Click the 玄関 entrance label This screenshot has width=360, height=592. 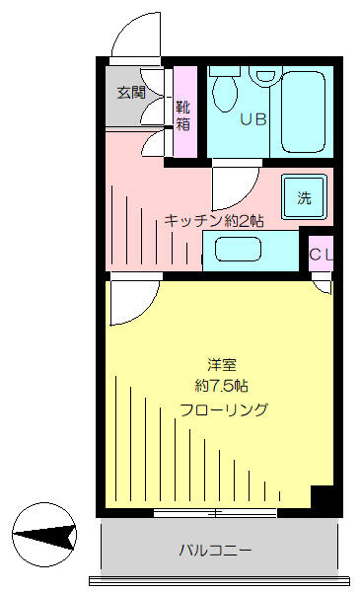[131, 92]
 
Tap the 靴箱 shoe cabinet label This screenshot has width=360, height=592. [183, 115]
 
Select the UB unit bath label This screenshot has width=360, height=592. [253, 119]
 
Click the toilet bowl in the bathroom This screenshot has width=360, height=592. [225, 90]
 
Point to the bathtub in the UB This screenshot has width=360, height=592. [304, 111]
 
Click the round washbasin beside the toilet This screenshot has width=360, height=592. [265, 75]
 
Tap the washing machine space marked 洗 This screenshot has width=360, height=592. [304, 196]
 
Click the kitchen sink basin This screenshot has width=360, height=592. [238, 249]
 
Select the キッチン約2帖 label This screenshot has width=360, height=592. [214, 221]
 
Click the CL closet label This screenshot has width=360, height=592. [322, 255]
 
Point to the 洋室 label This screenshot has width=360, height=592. [222, 365]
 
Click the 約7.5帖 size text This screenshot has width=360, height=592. [222, 386]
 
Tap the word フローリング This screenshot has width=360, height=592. [224, 409]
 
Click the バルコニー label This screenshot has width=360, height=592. [215, 551]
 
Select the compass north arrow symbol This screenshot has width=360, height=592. [44, 535]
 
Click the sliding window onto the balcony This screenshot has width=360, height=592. [215, 513]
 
